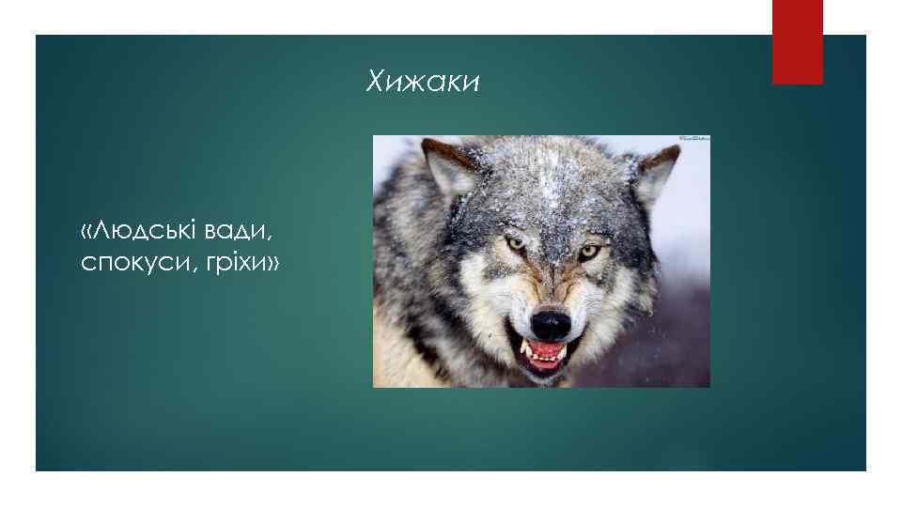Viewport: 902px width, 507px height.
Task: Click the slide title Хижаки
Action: coord(423,84)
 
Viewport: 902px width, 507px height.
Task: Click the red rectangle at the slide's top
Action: coord(797,41)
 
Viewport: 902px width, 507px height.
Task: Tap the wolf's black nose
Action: coord(551,325)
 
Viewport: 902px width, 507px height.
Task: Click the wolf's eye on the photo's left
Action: coord(516,243)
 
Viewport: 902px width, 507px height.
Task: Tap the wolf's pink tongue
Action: coord(550,355)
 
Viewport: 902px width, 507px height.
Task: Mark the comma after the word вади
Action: coord(281,238)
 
